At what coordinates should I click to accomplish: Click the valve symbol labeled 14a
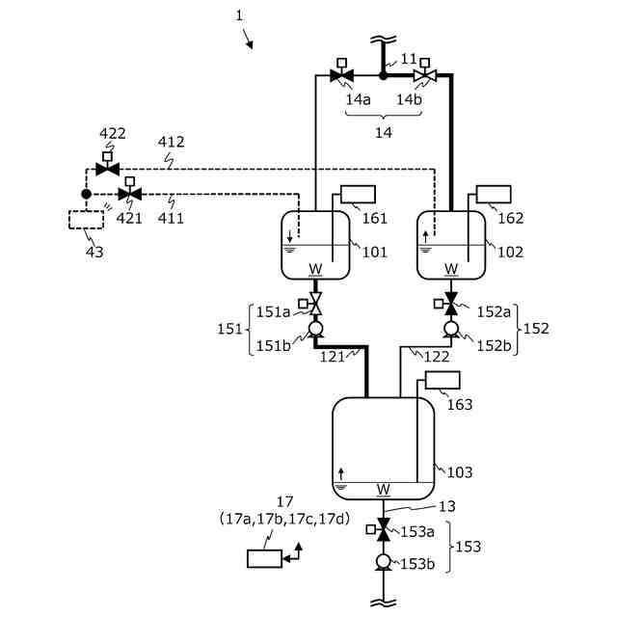pos(341,75)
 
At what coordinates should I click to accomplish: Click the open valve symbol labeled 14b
pos(425,75)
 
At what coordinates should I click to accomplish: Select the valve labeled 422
pos(107,170)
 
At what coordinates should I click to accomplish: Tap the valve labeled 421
pos(130,194)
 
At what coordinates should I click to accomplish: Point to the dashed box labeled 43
pos(86,220)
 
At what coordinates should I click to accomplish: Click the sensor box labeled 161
pos(358,194)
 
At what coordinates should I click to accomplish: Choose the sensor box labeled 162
pos(494,194)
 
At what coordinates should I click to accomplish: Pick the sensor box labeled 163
pos(443,380)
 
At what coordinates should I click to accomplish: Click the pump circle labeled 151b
pos(315,329)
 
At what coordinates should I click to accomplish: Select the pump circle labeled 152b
pos(451,329)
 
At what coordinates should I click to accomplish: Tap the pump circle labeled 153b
pos(383,561)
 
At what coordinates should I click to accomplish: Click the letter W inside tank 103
pos(384,490)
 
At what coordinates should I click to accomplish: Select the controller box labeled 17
pos(264,558)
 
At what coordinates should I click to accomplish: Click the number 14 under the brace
pos(384,133)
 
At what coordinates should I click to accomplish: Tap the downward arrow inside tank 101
pos(290,236)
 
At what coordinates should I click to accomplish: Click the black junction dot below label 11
pos(383,75)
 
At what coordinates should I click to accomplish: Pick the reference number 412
pos(172,142)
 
